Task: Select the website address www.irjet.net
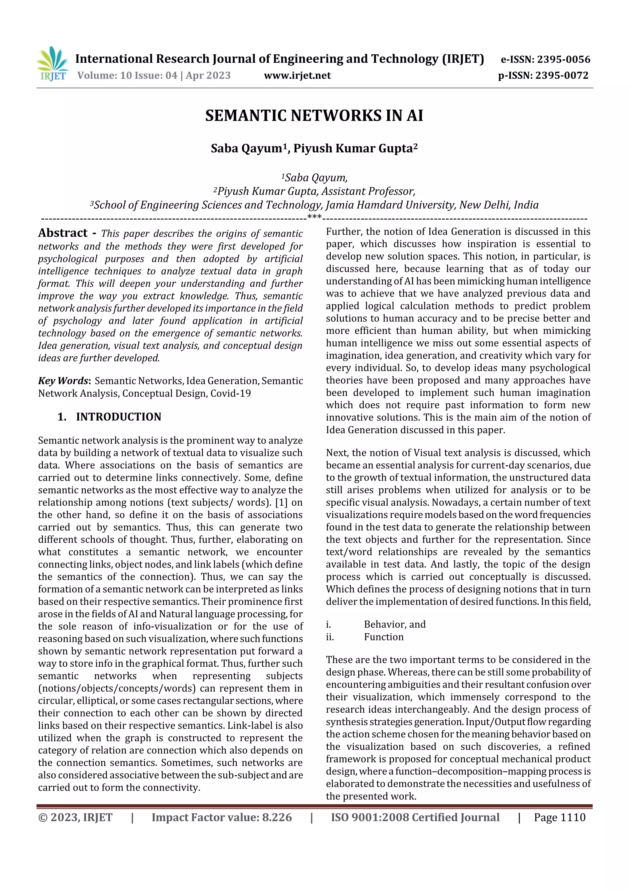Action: coord(297,76)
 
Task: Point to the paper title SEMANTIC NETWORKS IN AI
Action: coord(314,116)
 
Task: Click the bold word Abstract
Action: coord(63,233)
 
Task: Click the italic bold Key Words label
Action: coord(64,381)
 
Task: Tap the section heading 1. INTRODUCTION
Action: coord(109,417)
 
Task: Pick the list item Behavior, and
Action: coord(395,625)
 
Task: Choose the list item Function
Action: coord(384,637)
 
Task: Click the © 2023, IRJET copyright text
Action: coord(75,817)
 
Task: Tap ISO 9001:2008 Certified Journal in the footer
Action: coord(415,817)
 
